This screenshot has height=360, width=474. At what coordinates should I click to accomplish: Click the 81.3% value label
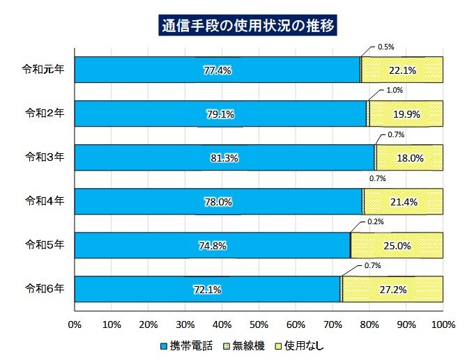tap(224, 158)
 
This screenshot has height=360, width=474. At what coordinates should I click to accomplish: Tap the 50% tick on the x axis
tap(259, 324)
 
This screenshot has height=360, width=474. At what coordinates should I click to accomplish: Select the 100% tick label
tap(443, 324)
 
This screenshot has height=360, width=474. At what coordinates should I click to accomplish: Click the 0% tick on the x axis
tap(75, 324)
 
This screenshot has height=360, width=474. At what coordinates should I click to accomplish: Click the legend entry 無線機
tap(245, 345)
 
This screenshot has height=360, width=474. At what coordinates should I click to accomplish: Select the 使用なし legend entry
tap(300, 345)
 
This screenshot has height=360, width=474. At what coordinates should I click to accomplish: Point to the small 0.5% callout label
tap(385, 47)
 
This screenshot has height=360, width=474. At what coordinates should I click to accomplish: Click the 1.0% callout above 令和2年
tap(395, 91)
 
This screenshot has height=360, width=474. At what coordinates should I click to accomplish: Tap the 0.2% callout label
tap(376, 222)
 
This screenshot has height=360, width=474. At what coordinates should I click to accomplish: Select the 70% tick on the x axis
tap(332, 324)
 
